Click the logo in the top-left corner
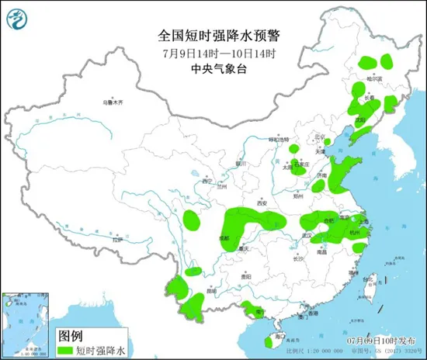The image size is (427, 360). (x=20, y=19)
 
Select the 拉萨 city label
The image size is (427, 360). (x=117, y=241)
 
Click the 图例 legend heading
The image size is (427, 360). (x=71, y=335)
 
